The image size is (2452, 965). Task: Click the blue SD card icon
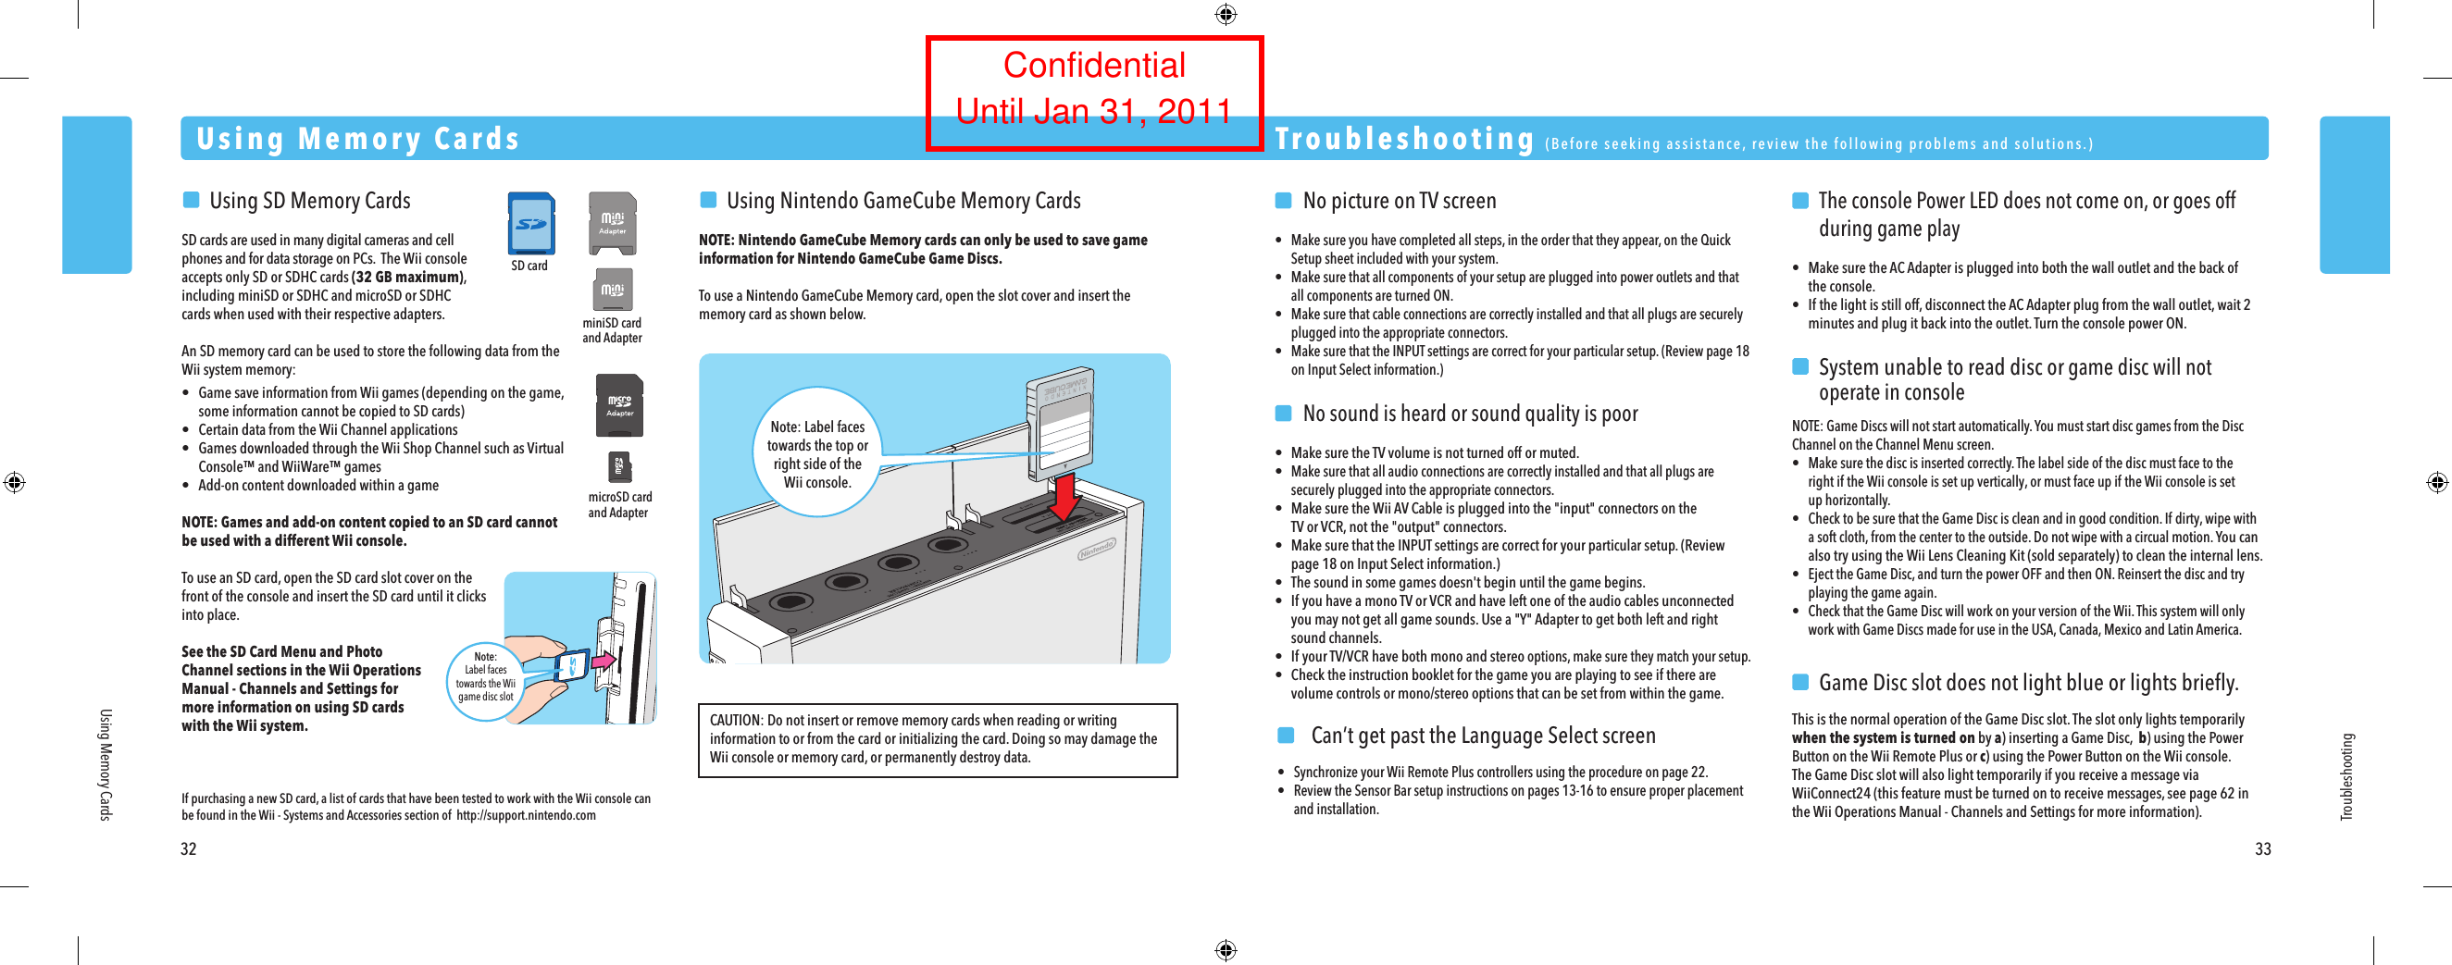click(x=531, y=224)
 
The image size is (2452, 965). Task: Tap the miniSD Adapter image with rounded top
click(x=612, y=223)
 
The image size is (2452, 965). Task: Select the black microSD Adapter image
click(x=619, y=405)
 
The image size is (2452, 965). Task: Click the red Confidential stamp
click(x=1094, y=92)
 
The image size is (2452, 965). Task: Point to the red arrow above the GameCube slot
click(x=1066, y=496)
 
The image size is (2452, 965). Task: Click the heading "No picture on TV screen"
click(x=1399, y=201)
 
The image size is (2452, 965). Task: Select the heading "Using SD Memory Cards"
click(x=309, y=201)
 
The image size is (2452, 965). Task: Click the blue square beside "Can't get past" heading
click(x=1286, y=735)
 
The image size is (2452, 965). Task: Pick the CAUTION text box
click(x=937, y=739)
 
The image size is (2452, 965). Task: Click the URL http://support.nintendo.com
click(x=526, y=816)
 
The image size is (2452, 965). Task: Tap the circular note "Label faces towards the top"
click(x=816, y=453)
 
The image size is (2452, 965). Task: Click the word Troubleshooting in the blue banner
click(x=1405, y=139)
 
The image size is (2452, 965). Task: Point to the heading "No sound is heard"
click(x=1470, y=414)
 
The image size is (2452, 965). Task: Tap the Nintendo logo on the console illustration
click(x=1097, y=550)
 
